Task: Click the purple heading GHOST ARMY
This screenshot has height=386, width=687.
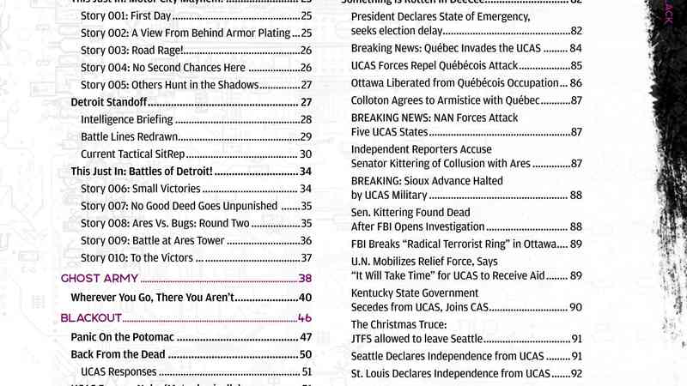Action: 94,279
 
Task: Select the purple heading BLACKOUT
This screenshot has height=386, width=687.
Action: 91,318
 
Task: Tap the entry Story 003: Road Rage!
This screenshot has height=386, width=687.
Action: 136,51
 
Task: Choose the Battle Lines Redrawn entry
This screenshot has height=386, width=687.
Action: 128,136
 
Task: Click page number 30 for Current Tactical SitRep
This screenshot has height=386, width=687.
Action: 305,154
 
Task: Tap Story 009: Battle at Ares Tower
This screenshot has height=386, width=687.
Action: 152,240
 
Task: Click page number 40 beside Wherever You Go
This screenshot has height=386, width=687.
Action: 305,298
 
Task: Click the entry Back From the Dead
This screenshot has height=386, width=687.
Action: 117,354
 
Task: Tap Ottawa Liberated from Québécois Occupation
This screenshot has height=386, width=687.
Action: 454,83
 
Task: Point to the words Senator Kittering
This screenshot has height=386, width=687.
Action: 391,163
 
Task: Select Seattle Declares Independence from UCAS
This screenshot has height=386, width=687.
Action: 447,356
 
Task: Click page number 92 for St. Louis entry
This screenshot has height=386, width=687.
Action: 576,374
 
